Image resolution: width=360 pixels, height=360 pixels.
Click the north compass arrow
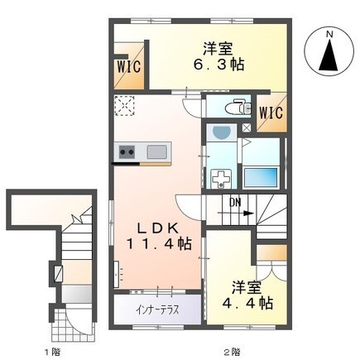coord(329,55)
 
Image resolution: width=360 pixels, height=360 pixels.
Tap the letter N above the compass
coord(329,34)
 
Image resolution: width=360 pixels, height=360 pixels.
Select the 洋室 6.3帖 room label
coord(218,57)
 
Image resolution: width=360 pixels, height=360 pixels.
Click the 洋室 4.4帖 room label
coord(247,295)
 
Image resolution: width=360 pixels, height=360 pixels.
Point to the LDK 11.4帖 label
coord(159,236)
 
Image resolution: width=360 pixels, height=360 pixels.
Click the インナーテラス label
coord(157,310)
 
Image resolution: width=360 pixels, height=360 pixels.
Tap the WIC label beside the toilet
coord(271,113)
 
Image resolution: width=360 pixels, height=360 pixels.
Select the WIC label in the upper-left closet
coord(128,67)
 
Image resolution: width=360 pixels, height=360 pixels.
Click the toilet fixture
coord(238,108)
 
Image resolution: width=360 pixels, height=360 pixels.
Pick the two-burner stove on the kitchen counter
coord(127,151)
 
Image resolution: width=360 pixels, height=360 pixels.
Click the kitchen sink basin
coord(156,151)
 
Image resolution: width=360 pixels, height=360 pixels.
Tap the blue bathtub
coord(261,177)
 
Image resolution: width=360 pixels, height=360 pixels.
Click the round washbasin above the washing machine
coord(222,133)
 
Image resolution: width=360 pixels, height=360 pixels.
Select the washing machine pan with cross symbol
coord(220,179)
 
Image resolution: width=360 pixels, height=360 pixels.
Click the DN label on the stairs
coord(235,203)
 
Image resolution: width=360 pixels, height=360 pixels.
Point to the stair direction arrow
coord(236,214)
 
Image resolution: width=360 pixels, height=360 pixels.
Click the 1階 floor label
coord(52,352)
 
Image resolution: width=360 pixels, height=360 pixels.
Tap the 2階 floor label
coord(232,352)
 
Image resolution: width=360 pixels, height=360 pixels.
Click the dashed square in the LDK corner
coord(125,106)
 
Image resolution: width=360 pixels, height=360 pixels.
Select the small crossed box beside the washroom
coord(247,127)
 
